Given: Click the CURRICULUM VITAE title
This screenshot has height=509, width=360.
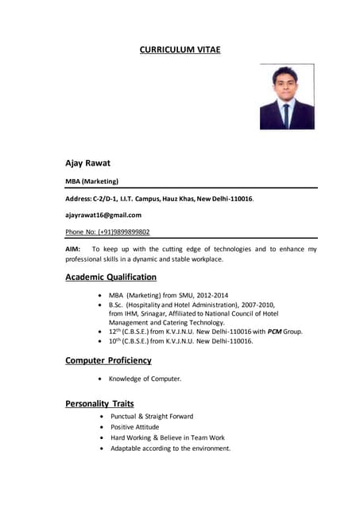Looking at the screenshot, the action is point(180,50).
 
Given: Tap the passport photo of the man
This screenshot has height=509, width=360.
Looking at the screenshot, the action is point(287,97).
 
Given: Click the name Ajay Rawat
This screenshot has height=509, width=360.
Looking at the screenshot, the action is point(87,163).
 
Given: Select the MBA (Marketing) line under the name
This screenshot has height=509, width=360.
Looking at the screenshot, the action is point(91,181).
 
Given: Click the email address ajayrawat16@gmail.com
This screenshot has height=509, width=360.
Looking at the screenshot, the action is point(103,215).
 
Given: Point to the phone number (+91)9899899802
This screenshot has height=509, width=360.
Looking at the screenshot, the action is point(123,232).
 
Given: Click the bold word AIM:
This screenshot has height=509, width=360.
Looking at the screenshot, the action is point(73,249).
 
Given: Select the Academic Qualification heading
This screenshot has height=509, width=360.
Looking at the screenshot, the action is point(110,278).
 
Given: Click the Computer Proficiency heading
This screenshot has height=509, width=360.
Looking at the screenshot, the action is point(108,360).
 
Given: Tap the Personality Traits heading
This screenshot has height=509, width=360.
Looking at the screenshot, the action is point(99,403).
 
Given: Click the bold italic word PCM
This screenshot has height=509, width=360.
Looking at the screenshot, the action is point(274,331).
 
